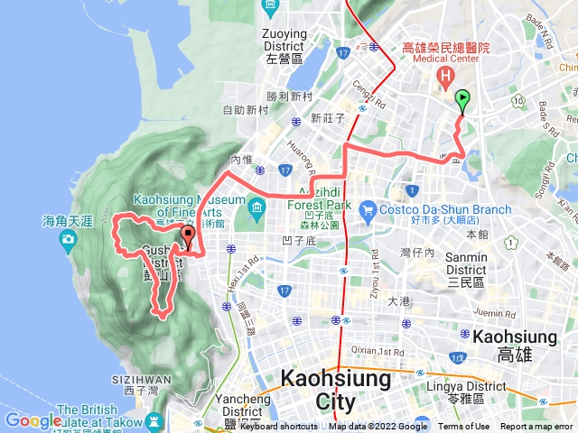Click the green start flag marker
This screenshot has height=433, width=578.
462,99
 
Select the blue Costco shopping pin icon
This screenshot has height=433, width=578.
367,212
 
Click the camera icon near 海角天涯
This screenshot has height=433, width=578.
68,239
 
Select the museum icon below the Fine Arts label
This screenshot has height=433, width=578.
256,210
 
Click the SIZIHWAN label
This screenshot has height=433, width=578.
137,380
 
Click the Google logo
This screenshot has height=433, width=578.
33,420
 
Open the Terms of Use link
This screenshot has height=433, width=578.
464,427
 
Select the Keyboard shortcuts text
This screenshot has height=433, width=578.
278,427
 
